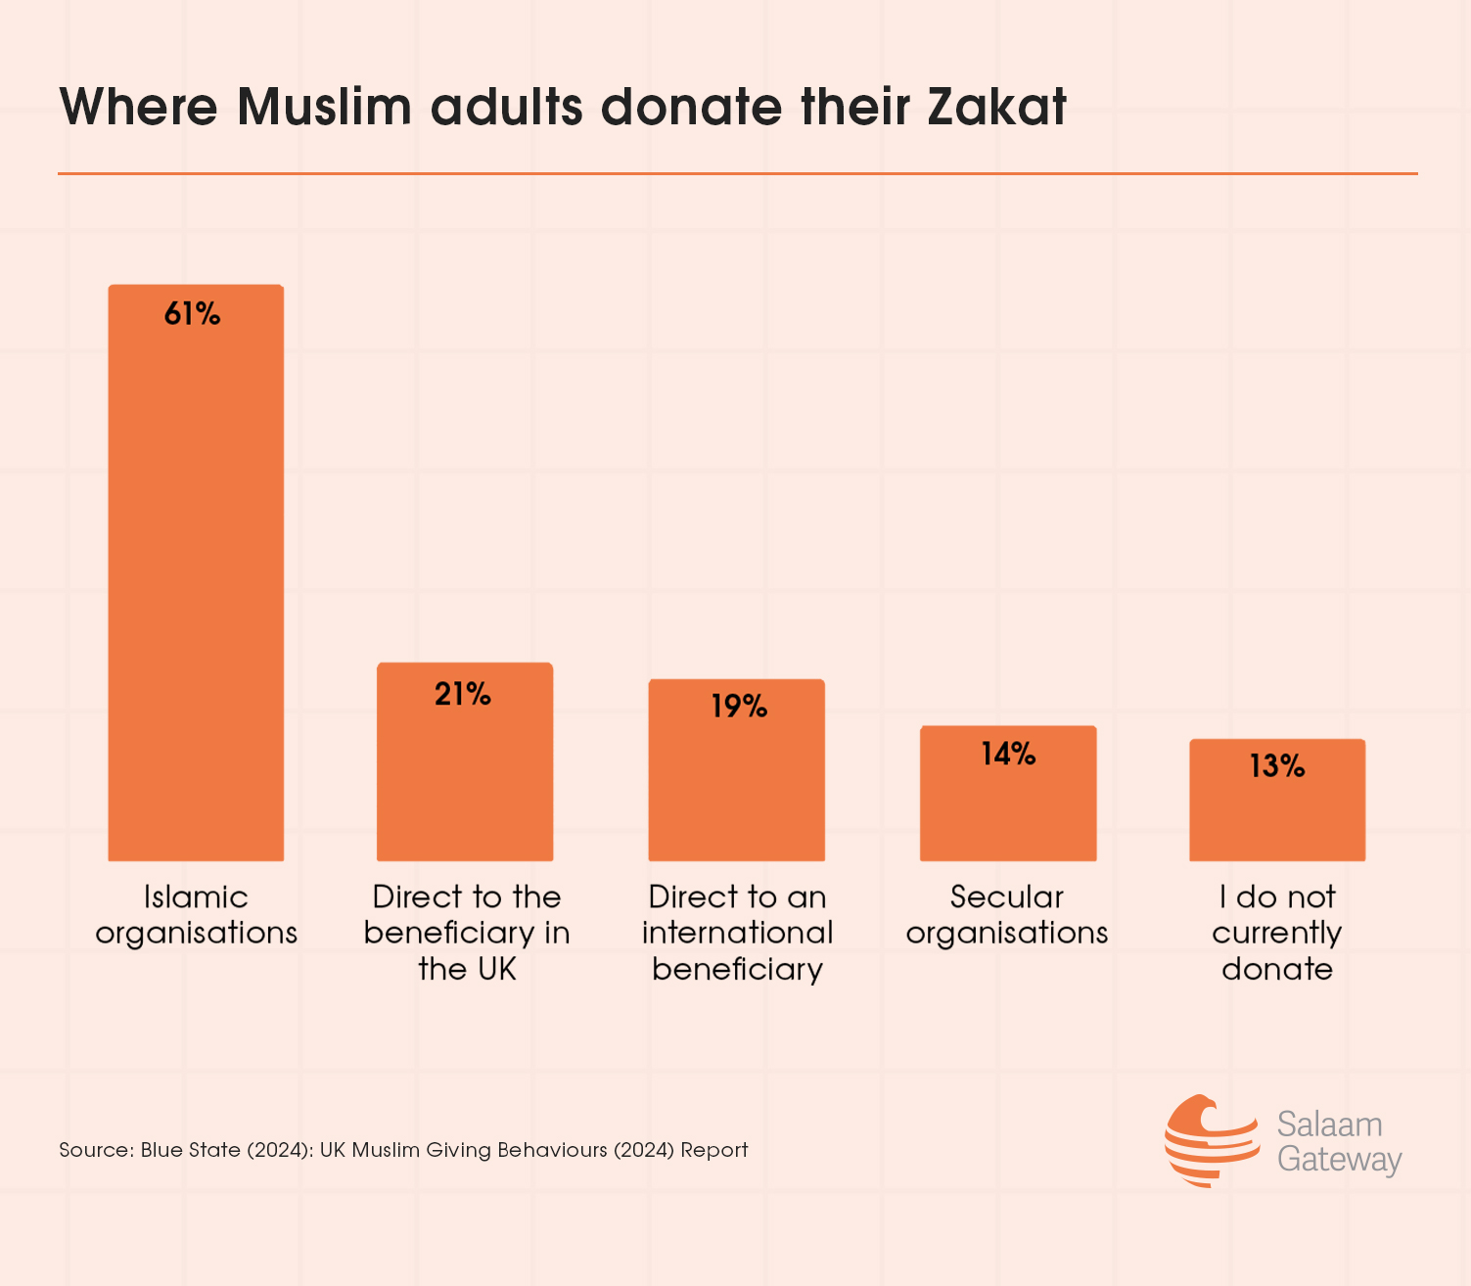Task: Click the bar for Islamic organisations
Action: [x=196, y=587]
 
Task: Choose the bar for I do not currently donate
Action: [x=1277, y=812]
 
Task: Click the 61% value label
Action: [x=193, y=314]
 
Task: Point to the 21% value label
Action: [x=463, y=694]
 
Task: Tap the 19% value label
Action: [x=739, y=706]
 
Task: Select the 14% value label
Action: [x=1008, y=754]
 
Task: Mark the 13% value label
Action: [x=1277, y=766]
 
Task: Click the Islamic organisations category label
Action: [x=196, y=914]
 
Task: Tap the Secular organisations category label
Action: [x=1007, y=914]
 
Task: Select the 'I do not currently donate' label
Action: [x=1277, y=933]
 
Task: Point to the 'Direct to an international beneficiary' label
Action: [x=737, y=933]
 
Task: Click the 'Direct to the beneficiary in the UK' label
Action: [x=467, y=933]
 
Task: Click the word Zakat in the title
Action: [x=996, y=107]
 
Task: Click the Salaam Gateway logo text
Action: [x=1339, y=1141]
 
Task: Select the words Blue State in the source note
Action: [x=190, y=1150]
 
